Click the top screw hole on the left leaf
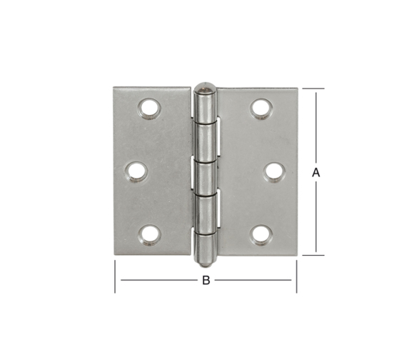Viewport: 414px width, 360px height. click(x=149, y=109)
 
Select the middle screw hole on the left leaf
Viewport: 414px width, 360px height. click(x=136, y=172)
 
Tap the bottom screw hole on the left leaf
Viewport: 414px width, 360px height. click(x=150, y=235)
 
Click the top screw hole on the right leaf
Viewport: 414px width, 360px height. click(x=261, y=109)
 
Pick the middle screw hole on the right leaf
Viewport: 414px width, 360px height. click(x=275, y=172)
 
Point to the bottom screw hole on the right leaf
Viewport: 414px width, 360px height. click(x=261, y=235)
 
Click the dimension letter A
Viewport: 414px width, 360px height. click(x=315, y=173)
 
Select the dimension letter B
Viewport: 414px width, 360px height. click(x=206, y=280)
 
